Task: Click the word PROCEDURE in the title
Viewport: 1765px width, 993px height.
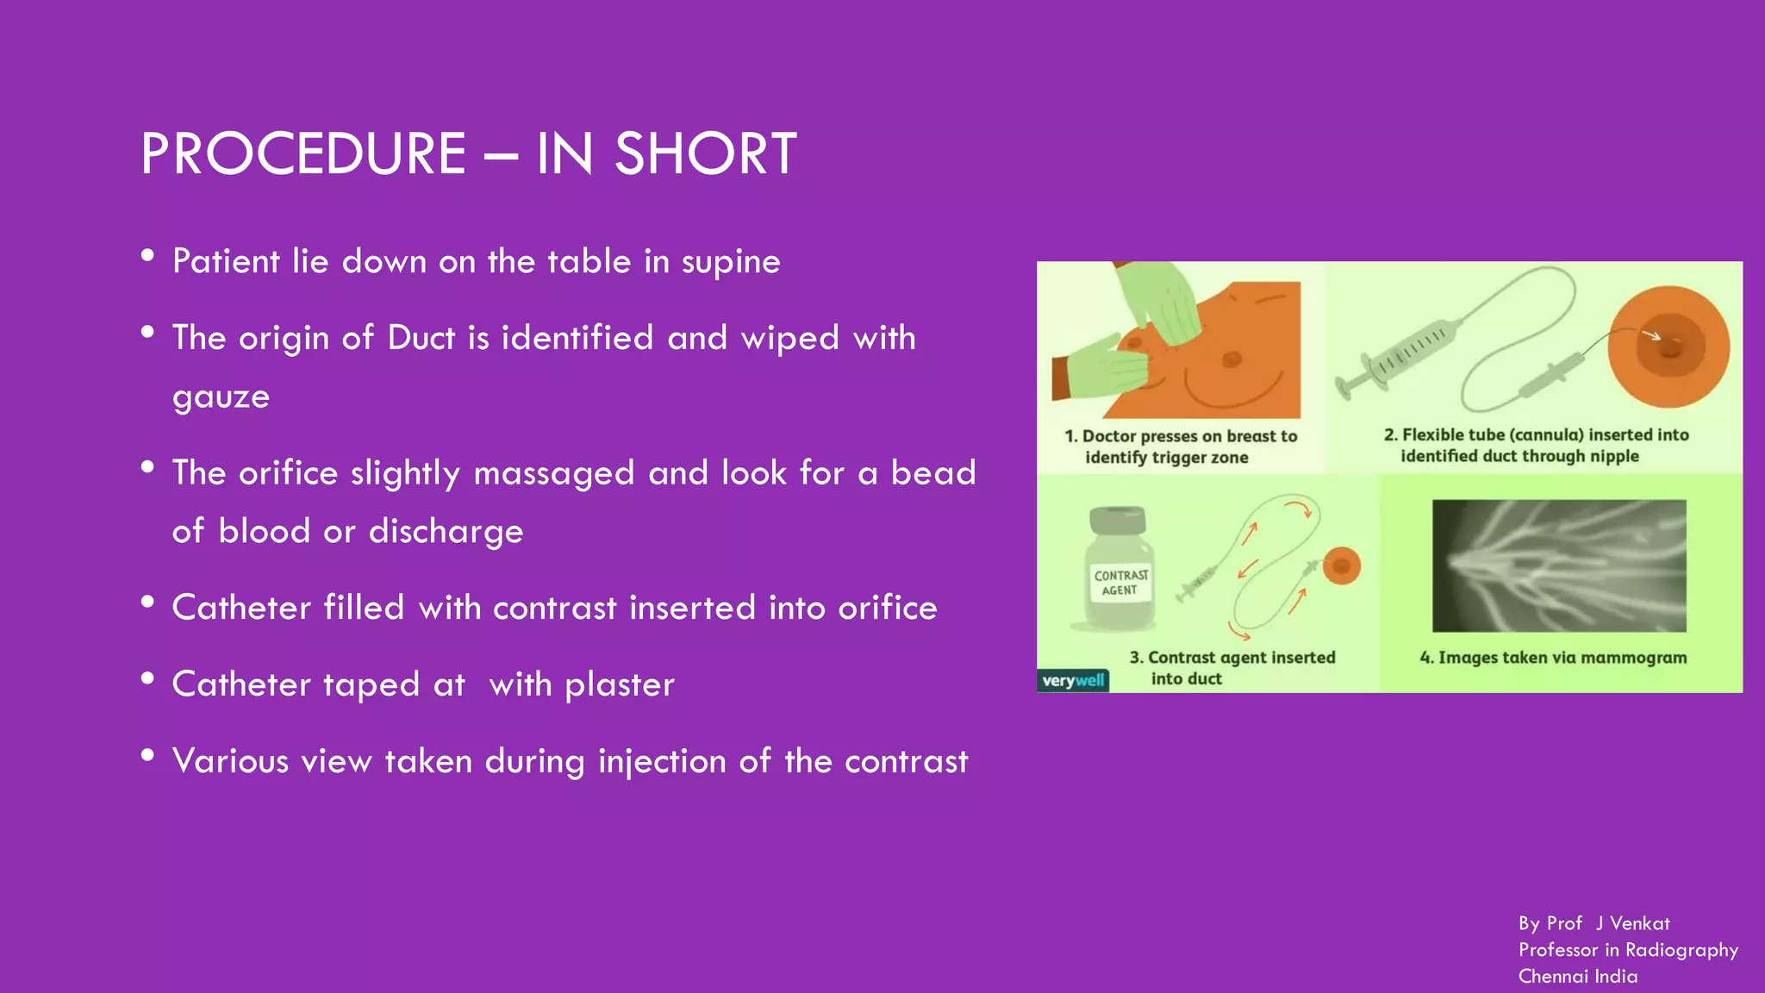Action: tap(303, 154)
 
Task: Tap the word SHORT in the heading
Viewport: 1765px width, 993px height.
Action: tap(705, 154)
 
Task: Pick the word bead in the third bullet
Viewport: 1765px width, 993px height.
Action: tap(932, 473)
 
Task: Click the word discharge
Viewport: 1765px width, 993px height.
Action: tap(446, 532)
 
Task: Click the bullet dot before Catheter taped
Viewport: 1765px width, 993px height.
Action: tap(147, 678)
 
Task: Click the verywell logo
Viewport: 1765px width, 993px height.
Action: tap(1072, 681)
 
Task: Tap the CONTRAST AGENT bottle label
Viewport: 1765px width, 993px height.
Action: tap(1120, 583)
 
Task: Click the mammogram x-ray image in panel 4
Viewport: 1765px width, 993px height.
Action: tap(1558, 565)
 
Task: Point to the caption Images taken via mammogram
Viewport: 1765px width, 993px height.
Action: tap(1553, 658)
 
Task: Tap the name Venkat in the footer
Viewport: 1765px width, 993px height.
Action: tap(1639, 923)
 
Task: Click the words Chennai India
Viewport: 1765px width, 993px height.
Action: tap(1577, 977)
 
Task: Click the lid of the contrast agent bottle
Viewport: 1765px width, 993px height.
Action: tap(1118, 520)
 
